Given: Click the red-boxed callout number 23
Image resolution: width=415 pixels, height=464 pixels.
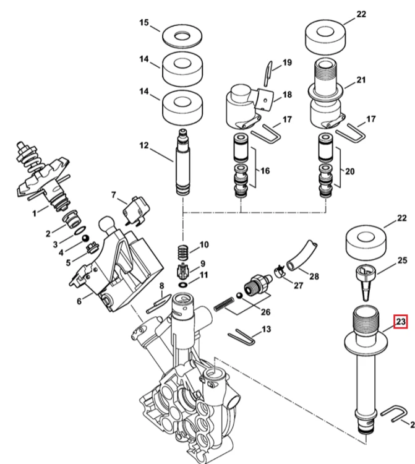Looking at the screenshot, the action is [400, 321].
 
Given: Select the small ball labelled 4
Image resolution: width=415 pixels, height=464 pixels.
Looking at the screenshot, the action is [85, 238].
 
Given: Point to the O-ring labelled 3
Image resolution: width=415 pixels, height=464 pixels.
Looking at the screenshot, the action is [80, 230].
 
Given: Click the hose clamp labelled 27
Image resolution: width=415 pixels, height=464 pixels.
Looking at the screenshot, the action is [280, 271].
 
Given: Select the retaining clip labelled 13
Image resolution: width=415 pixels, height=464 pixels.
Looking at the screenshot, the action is [242, 337].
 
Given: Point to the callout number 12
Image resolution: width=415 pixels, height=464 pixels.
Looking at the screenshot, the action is [143, 145].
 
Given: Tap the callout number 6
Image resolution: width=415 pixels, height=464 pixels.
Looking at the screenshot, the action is [79, 301].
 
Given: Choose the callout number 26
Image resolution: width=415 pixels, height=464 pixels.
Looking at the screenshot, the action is [265, 312].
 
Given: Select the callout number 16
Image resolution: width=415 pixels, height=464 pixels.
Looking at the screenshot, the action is [265, 171].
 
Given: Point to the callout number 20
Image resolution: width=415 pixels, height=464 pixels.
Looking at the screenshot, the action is [349, 171].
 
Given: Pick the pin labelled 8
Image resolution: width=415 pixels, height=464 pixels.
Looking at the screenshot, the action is [159, 303].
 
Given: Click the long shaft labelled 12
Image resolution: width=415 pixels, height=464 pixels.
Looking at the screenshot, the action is [183, 162].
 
